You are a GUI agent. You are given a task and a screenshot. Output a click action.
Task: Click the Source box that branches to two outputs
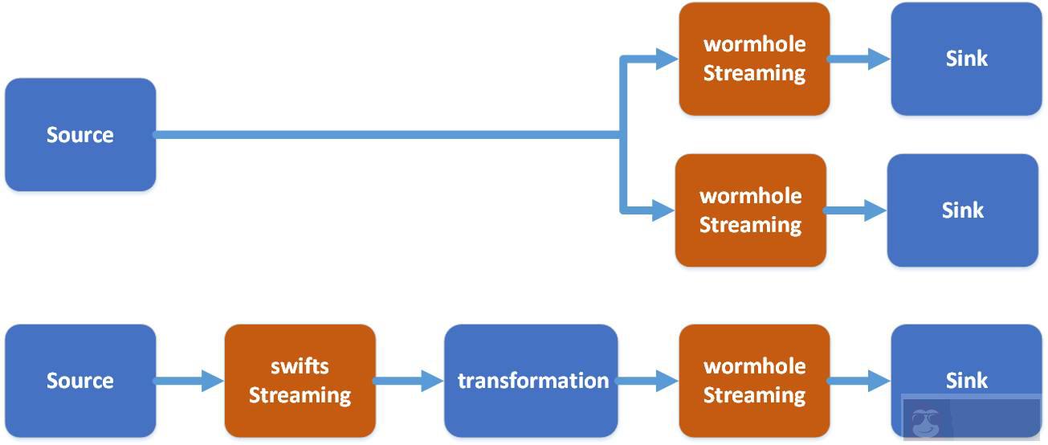click(80, 134)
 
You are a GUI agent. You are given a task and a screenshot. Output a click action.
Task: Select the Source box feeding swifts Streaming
click(80, 380)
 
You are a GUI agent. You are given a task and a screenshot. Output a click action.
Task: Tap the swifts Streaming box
click(300, 380)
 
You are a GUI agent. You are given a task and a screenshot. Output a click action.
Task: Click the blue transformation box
click(531, 380)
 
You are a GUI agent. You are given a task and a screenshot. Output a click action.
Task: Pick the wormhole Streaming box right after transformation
click(753, 380)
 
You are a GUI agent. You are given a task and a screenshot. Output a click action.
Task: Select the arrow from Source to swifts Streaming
click(190, 381)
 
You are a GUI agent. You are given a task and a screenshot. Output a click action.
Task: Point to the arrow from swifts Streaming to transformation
click(409, 381)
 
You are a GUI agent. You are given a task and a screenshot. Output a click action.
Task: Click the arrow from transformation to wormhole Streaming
click(647, 381)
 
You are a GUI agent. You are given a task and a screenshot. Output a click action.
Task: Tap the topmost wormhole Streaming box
click(753, 59)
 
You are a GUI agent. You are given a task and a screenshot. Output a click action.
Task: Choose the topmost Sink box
click(965, 59)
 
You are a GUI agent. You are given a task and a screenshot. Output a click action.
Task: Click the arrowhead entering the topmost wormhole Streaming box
click(667, 59)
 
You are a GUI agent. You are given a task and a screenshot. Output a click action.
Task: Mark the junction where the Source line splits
click(622, 135)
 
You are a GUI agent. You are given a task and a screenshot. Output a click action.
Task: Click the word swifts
click(300, 366)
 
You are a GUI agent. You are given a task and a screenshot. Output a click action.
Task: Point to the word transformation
click(532, 380)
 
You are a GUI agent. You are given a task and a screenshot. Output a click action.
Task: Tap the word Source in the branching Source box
click(80, 135)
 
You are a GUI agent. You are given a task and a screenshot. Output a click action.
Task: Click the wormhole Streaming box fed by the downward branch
click(750, 210)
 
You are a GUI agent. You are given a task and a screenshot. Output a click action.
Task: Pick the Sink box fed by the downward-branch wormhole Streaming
click(962, 210)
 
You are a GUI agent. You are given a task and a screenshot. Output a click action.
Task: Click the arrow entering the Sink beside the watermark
click(859, 381)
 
